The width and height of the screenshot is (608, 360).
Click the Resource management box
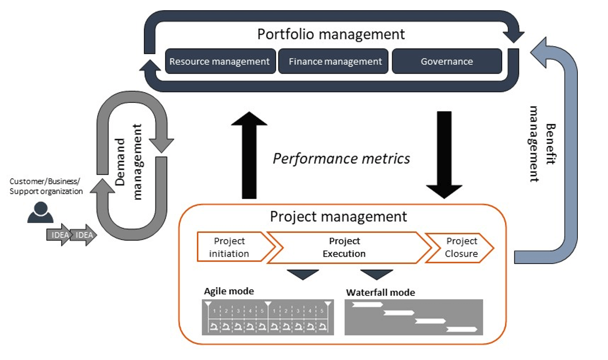(220, 61)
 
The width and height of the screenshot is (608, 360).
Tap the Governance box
(447, 61)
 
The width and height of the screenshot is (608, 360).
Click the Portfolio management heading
(331, 35)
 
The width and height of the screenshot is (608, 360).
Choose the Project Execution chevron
(344, 247)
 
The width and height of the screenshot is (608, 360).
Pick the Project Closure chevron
(460, 247)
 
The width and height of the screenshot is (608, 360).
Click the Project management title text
(339, 216)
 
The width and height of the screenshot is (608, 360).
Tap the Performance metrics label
(341, 158)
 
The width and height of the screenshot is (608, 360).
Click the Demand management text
(129, 161)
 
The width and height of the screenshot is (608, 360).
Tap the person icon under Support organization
(40, 212)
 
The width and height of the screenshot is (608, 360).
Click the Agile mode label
(229, 291)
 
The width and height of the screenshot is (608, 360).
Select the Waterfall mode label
(380, 292)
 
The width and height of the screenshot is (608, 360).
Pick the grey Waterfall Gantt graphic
(414, 317)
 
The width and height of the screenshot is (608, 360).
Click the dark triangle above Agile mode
(303, 274)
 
